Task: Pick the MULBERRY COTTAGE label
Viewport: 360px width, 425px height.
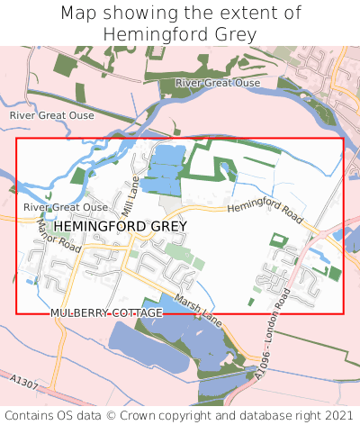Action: (x=107, y=312)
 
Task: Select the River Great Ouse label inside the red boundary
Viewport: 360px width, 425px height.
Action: (x=66, y=207)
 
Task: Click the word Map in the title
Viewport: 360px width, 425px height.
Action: (x=80, y=14)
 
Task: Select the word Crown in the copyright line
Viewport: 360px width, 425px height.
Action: (x=153, y=415)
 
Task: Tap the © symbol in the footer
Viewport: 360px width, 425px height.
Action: (x=121, y=415)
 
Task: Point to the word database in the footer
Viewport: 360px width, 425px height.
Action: (x=267, y=415)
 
